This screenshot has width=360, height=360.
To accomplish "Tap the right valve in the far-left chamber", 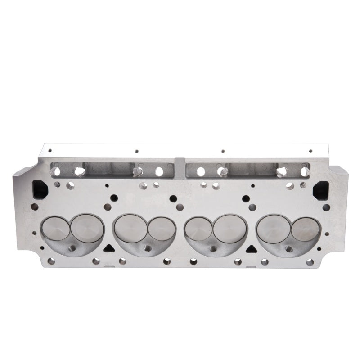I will pyautogui.click(x=87, y=228).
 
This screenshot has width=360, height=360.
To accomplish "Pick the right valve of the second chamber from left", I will pyautogui.click(x=162, y=229).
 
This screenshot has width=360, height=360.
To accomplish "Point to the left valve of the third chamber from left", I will pyautogui.click(x=198, y=229).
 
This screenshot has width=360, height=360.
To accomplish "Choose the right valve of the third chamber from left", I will pyautogui.click(x=230, y=228).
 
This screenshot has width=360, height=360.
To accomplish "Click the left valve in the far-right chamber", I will pyautogui.click(x=273, y=228).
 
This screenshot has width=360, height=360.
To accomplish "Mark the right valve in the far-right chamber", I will pyautogui.click(x=305, y=229).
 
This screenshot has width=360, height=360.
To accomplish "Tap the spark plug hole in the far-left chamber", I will pyautogui.click(x=72, y=248).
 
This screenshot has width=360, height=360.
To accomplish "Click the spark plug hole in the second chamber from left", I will pyautogui.click(x=147, y=248).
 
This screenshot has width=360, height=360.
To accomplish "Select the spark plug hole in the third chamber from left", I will pyautogui.click(x=213, y=248).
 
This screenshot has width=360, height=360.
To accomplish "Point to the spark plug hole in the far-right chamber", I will pyautogui.click(x=289, y=248).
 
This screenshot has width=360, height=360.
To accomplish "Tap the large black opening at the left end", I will pyautogui.click(x=40, y=189).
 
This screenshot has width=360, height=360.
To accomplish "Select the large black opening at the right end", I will pyautogui.click(x=320, y=190).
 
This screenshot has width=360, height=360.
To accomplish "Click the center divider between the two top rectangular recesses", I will pyautogui.click(x=180, y=167).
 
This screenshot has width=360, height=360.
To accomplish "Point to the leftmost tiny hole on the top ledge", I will pyautogui.click(x=50, y=151).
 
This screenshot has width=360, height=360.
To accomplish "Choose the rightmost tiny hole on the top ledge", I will pyautogui.click(x=310, y=151).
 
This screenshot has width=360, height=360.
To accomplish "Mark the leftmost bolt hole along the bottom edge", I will pyautogui.click(x=51, y=261).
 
